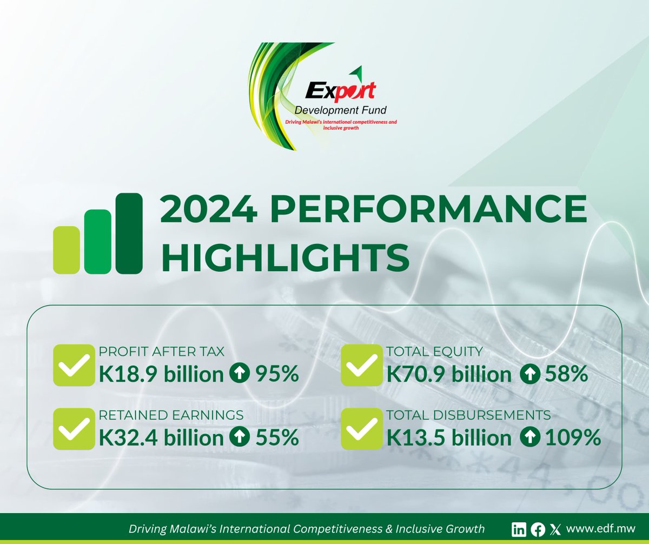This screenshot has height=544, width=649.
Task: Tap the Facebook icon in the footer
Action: click(x=538, y=529)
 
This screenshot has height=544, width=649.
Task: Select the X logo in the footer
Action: click(x=554, y=529)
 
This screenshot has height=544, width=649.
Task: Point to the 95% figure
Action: click(x=277, y=374)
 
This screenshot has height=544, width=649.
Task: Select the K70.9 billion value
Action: click(x=449, y=374)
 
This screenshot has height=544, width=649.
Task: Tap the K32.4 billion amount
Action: click(x=161, y=437)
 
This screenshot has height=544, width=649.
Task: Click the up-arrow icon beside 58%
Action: click(x=529, y=374)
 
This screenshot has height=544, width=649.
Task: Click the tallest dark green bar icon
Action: click(x=129, y=233)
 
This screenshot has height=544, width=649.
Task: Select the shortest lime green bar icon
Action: click(x=66, y=249)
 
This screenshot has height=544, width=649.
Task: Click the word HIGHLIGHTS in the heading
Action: click(x=285, y=258)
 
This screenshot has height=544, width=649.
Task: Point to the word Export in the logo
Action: click(x=340, y=90)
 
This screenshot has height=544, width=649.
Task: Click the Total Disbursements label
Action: click(x=469, y=415)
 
